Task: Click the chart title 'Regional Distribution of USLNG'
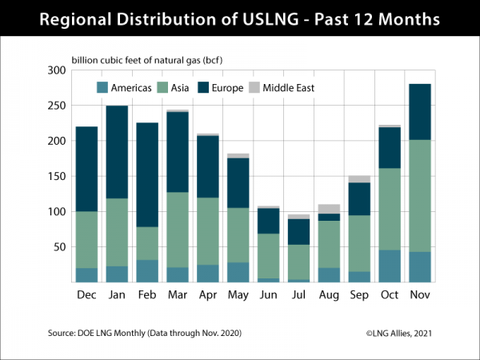coord(240,18)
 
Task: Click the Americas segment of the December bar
coord(87,275)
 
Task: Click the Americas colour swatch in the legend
coord(102,88)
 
